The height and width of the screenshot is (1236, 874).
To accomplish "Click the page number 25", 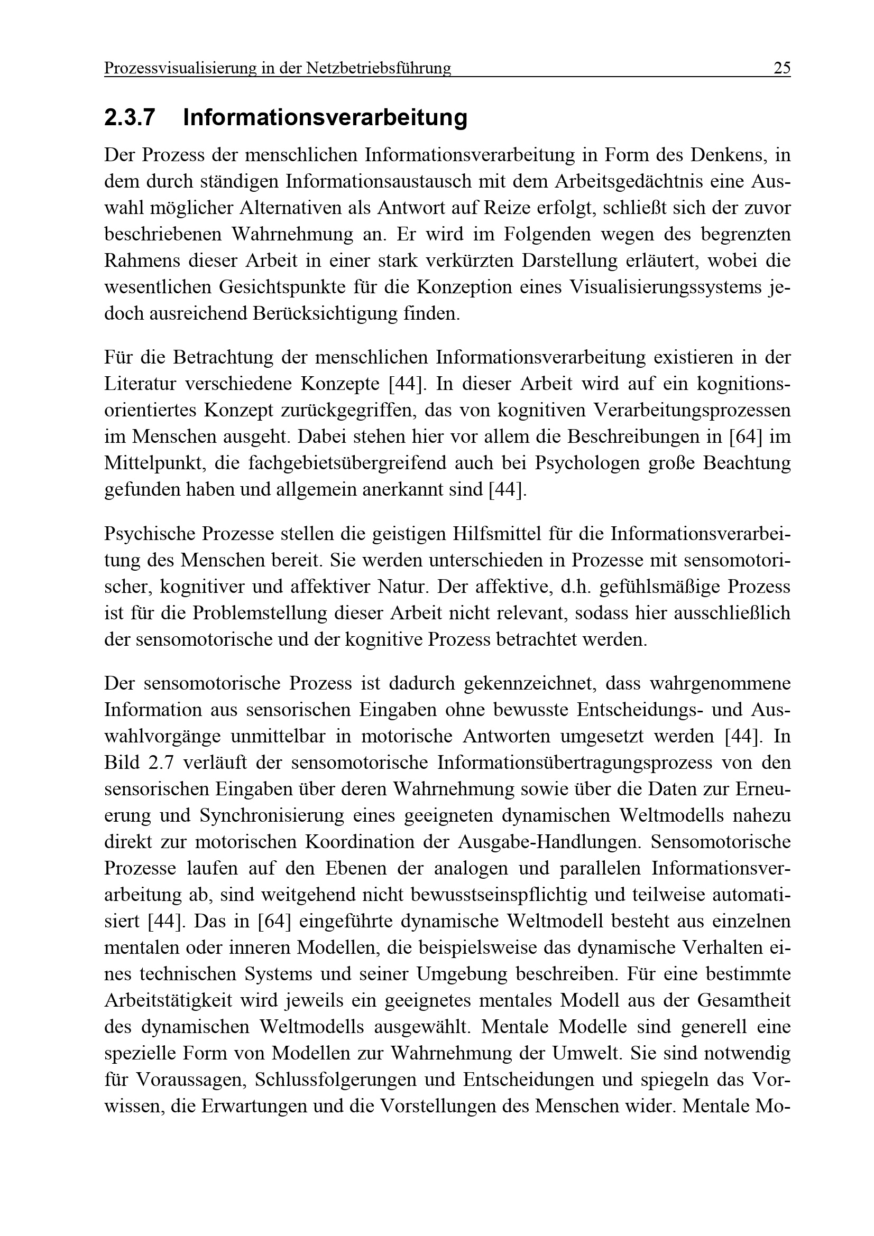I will [x=781, y=68].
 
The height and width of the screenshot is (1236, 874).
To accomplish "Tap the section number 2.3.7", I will [x=130, y=118].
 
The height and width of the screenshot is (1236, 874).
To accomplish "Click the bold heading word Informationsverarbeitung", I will [x=325, y=118].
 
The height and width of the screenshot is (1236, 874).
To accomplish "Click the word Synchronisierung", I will [x=272, y=816].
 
